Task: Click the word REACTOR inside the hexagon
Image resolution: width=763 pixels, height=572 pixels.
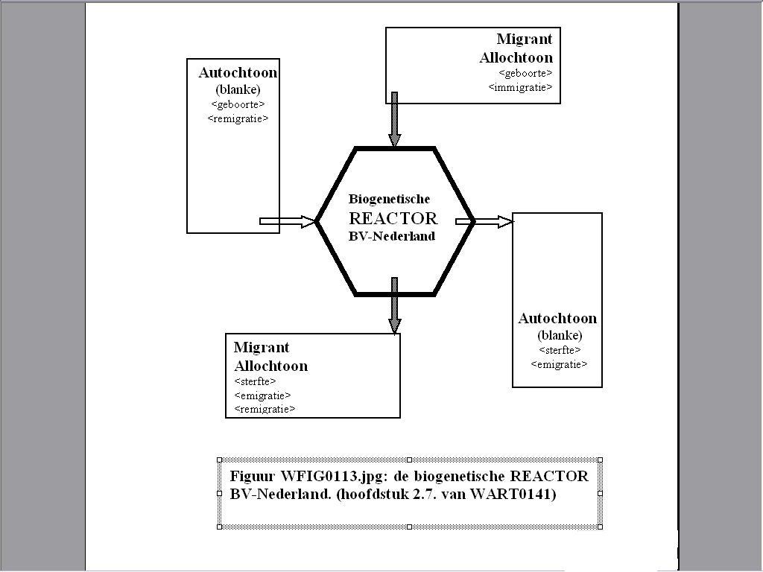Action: (x=393, y=218)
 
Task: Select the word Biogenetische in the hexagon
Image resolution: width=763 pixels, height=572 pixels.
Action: (x=389, y=199)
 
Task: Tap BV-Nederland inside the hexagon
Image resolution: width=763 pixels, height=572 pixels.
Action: (x=391, y=235)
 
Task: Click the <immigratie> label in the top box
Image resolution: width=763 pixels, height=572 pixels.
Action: (x=521, y=87)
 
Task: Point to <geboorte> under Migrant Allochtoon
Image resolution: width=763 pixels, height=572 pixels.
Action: (x=525, y=73)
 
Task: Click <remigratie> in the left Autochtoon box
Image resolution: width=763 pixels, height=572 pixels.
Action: (x=238, y=118)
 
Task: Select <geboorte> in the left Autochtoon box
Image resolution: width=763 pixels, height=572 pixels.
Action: (x=238, y=104)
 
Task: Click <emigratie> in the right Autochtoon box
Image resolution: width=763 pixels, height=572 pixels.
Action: (x=559, y=364)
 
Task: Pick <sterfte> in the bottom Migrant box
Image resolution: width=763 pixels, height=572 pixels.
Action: (x=255, y=381)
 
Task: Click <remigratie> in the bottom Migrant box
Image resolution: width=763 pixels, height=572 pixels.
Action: (x=265, y=409)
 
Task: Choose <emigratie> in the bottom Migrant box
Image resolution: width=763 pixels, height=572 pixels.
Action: (x=262, y=395)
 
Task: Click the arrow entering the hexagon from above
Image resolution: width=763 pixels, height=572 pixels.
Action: (x=395, y=119)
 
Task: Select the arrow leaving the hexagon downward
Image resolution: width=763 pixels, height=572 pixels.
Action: (x=395, y=305)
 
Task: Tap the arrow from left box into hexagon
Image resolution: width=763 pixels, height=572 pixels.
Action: (x=288, y=221)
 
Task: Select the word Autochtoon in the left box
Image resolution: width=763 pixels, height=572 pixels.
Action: (x=238, y=73)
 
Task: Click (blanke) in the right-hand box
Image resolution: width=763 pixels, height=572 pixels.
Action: (x=560, y=335)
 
